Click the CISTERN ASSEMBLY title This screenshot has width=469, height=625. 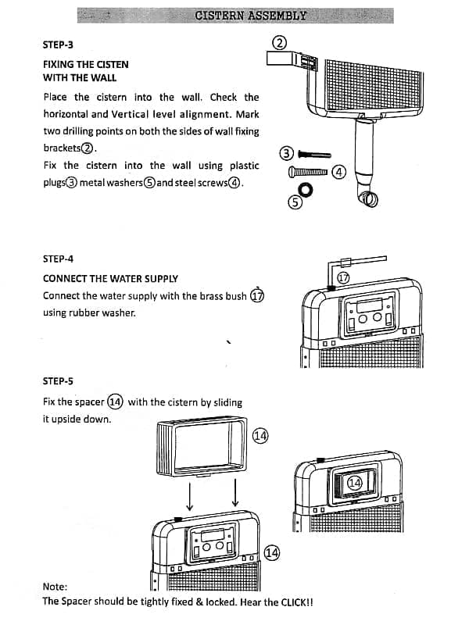point(250,15)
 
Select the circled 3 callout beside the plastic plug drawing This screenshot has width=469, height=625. point(286,153)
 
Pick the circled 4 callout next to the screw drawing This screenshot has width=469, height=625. point(338,171)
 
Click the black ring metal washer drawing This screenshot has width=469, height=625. point(305,188)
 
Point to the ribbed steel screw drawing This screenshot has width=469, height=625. point(310,171)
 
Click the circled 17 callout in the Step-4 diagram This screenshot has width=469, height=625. point(342,277)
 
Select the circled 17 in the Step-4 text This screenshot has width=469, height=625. point(258,295)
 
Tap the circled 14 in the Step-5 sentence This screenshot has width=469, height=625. point(115,402)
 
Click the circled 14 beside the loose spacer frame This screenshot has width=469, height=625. point(260,435)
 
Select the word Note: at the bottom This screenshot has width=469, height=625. point(55,586)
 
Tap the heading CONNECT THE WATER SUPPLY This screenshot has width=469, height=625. point(110,278)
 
